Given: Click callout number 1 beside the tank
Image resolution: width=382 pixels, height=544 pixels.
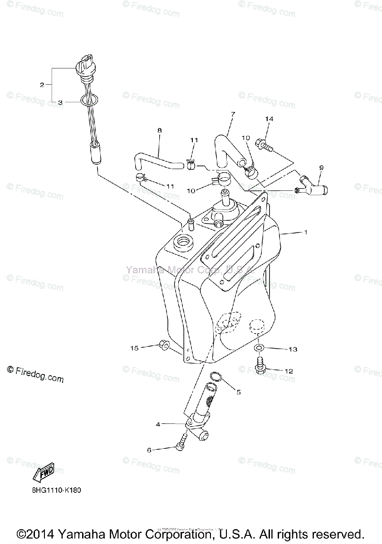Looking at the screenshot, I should [x=306, y=232].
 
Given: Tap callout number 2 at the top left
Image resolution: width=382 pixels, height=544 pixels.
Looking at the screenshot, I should [x=42, y=85].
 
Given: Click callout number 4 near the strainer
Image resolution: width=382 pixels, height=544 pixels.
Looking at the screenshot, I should [x=158, y=424].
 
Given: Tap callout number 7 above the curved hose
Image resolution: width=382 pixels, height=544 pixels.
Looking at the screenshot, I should [x=233, y=114].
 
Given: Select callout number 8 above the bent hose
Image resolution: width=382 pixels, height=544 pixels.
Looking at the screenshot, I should [x=159, y=130].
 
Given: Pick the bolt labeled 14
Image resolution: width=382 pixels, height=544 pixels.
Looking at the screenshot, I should [x=264, y=145].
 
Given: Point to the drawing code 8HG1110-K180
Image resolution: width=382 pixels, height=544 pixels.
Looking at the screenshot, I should [x=57, y=490].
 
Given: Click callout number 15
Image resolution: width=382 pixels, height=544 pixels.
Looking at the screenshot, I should [x=134, y=348].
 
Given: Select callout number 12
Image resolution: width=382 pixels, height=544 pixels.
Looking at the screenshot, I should [x=289, y=371].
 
